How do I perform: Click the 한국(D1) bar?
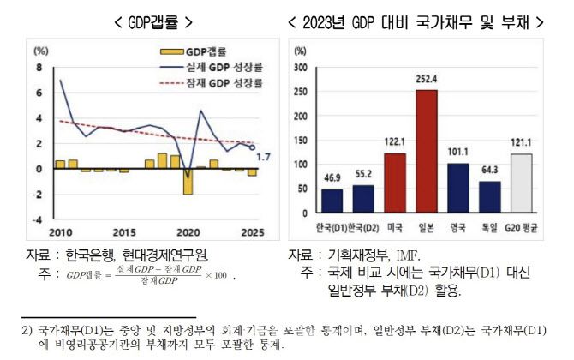coord(332,201)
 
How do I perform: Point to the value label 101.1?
coord(458,153)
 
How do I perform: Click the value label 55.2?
coord(363,175)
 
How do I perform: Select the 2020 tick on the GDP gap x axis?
coord(188,232)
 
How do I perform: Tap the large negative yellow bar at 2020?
coord(188,182)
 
